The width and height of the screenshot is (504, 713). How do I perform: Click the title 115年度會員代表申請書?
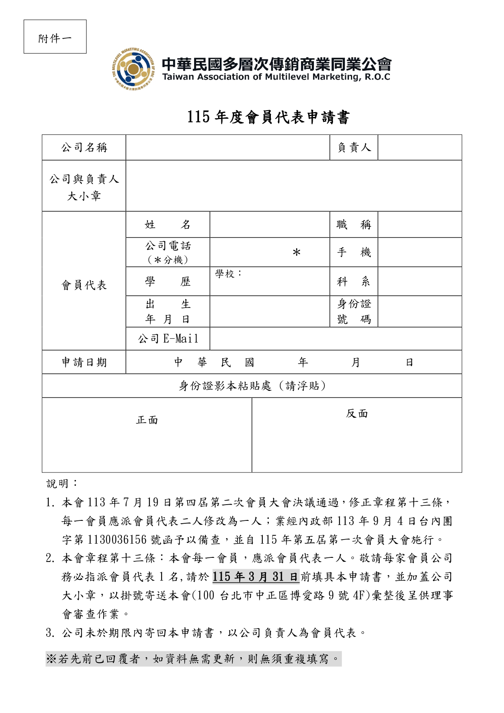coord(268,117)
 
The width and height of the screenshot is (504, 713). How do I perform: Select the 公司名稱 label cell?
coord(84,147)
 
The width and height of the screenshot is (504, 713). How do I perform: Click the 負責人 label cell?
coord(354,147)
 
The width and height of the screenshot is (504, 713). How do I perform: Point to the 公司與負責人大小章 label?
coord(84,187)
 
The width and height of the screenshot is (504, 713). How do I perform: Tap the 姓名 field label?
coord(168,225)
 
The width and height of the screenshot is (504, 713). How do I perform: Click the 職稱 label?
coord(354,225)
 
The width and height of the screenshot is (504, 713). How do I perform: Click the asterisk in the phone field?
coord(296,253)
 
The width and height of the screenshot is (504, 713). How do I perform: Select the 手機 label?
coord(354,253)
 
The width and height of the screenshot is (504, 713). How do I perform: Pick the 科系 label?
coord(354,282)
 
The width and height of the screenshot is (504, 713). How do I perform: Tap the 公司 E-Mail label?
coord(168,339)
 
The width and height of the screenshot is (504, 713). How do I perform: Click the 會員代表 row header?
coord(84,285)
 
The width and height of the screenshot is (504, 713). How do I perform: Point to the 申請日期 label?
coord(84,362)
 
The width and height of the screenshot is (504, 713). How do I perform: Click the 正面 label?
coord(147,420)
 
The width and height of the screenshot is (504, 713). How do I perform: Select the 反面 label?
coord(357,414)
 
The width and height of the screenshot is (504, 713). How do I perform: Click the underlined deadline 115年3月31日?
coord(255,577)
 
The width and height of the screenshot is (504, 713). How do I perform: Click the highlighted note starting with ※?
coord(193,659)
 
